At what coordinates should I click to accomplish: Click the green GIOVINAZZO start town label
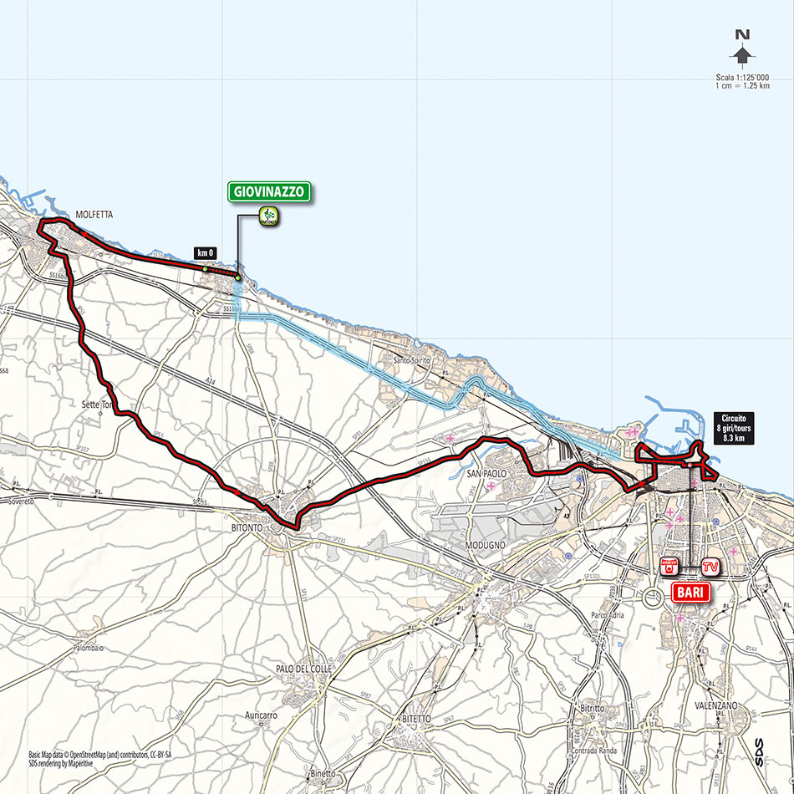click(x=270, y=191)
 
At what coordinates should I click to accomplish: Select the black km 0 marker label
click(x=204, y=252)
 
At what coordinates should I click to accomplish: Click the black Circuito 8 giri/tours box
click(x=734, y=428)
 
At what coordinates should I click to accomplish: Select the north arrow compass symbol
click(x=741, y=50)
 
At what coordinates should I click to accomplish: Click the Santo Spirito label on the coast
click(x=412, y=360)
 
